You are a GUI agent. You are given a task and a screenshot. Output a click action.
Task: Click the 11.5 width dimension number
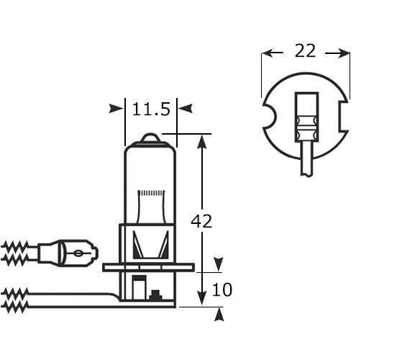tap(151, 109)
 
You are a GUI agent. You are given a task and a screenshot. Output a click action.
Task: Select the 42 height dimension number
tap(201, 222)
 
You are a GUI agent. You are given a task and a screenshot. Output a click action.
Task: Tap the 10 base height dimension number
tap(223, 290)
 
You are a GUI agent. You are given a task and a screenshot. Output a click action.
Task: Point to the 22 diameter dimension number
tap(306, 51)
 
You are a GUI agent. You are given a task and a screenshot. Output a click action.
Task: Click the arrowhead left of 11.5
tap(116, 109)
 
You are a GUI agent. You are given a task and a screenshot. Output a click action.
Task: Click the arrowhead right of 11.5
tap(186, 109)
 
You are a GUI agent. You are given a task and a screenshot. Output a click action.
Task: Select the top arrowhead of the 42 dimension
tap(202, 142)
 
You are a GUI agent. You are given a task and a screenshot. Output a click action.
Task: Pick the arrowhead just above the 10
tap(219, 264)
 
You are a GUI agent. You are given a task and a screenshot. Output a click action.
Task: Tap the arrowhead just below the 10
tap(219, 314)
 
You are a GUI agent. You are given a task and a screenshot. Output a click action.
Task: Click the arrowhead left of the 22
tap(268, 53)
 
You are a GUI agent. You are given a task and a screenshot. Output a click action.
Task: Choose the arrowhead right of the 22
tap(344, 53)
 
